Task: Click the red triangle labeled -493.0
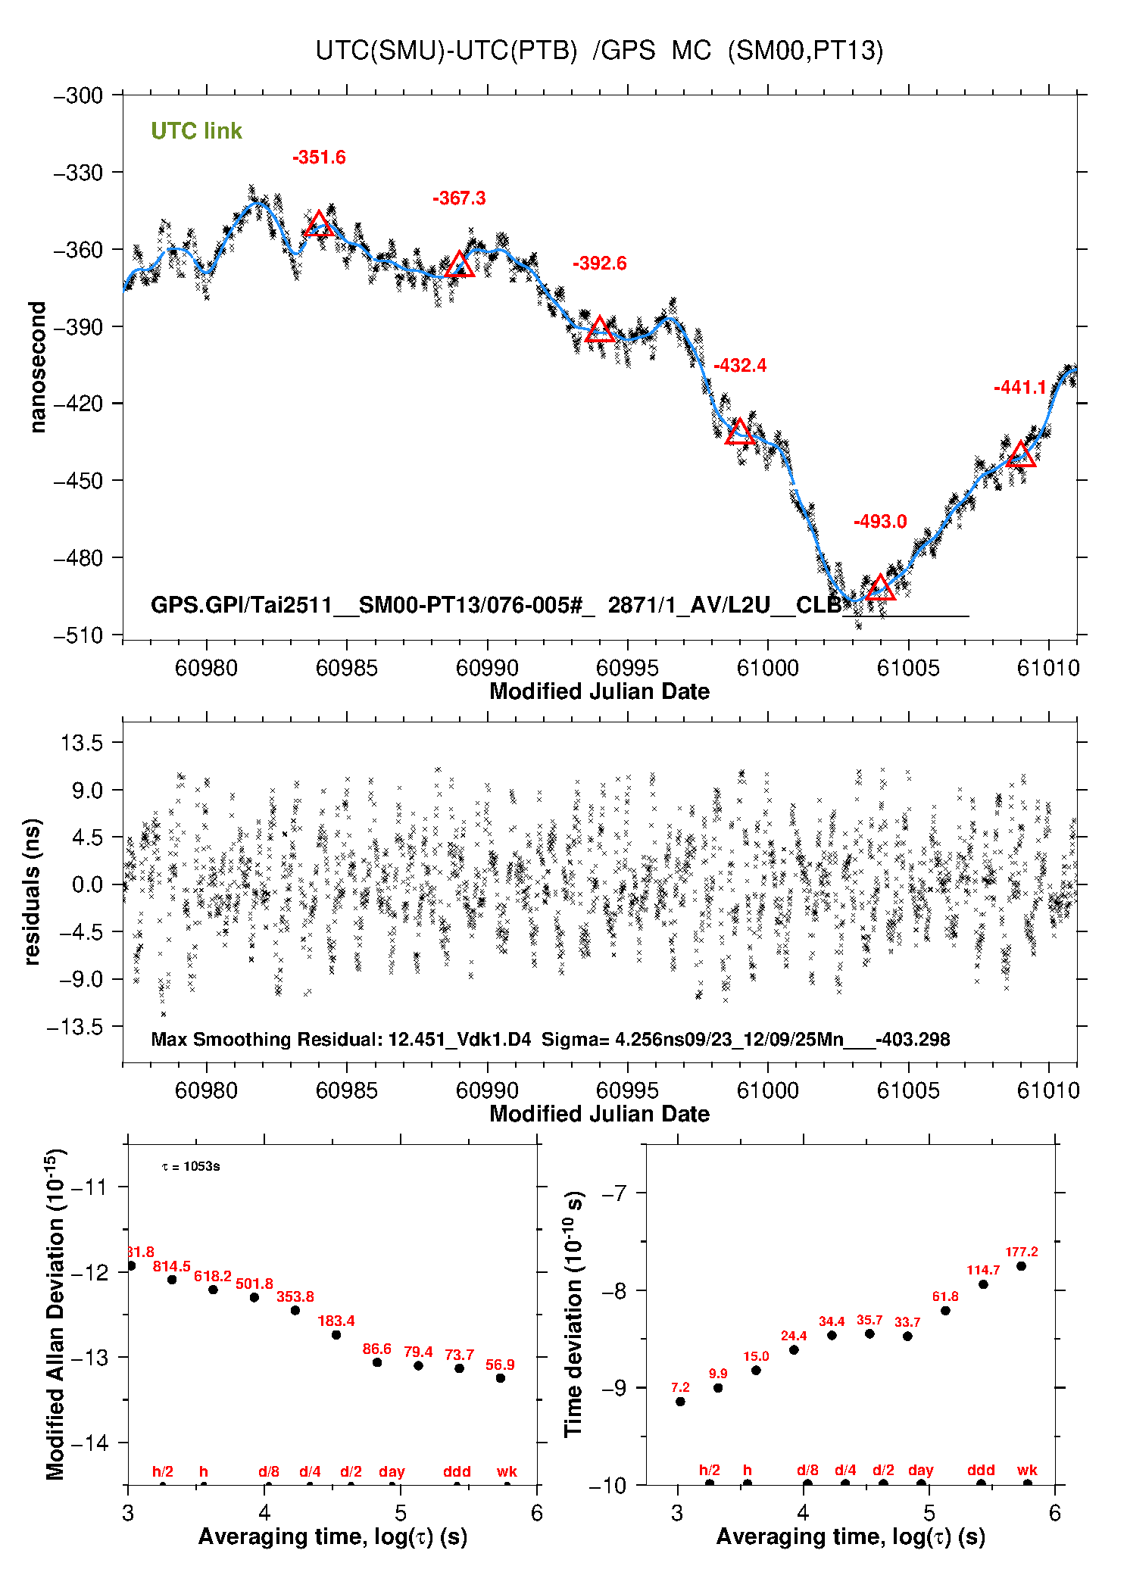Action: (x=879, y=588)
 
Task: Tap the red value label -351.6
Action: (x=319, y=158)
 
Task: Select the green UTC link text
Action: (x=196, y=131)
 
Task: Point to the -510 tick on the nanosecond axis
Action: (x=78, y=635)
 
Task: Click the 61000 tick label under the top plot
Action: (x=767, y=668)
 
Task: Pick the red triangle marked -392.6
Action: (x=600, y=329)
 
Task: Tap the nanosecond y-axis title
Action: (x=37, y=367)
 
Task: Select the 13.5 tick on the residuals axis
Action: (x=82, y=743)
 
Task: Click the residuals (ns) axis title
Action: (x=32, y=891)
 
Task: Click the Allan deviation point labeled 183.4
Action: (x=336, y=1334)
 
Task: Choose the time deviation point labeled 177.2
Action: (x=1021, y=1266)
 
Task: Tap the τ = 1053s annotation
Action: (x=191, y=1166)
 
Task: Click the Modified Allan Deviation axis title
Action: (x=55, y=1313)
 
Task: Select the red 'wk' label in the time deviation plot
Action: (x=1027, y=1470)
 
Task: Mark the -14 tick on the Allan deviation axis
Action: (x=89, y=1443)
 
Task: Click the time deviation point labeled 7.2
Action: (x=680, y=1402)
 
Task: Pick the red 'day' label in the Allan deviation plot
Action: (x=392, y=1471)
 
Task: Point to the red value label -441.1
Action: (x=1019, y=388)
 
